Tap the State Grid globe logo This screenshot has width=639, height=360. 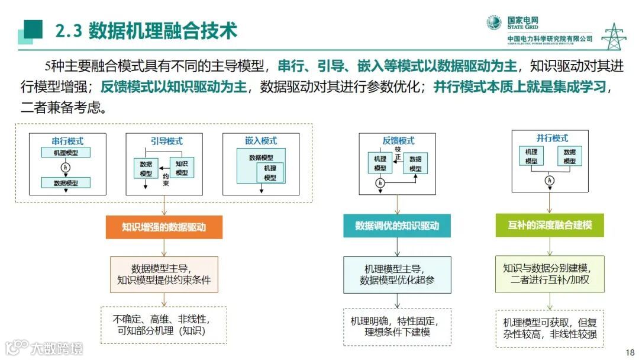pos(494,23)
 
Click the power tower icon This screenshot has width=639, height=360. pos(614,37)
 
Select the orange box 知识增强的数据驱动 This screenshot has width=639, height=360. pos(164,227)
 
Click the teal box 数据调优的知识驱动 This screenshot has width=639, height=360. pos(397,226)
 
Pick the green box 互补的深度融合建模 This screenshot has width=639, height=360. pos(550,226)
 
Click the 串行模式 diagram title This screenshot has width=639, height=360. pos(67,142)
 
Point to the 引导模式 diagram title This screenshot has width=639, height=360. pos(163,142)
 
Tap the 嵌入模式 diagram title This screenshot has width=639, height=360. pos(260,142)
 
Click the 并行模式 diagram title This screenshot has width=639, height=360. pos(552,139)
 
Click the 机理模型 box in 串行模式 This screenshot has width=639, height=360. pos(65,153)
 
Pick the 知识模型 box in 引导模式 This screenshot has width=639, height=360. pos(182,168)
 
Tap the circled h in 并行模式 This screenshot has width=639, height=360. pos(550,180)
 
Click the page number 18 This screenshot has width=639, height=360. pos(630,350)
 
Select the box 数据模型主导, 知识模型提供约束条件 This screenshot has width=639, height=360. pos(164,274)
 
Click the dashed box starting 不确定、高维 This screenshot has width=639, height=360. pos(164,325)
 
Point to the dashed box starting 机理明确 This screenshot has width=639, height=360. pos(397,326)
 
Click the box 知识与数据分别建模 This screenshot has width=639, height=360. pos(550,274)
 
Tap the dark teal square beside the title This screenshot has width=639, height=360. pos(33,29)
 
